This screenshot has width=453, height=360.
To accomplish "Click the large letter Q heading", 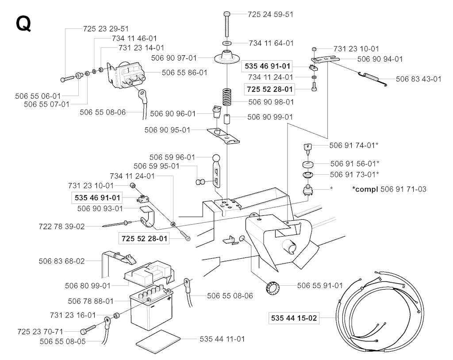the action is tap(23, 24).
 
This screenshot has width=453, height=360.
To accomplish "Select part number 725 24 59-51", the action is tap(270, 14).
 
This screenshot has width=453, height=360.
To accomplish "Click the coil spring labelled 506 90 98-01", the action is tap(227, 98).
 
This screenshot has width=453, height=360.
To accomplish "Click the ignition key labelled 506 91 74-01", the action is tap(308, 148).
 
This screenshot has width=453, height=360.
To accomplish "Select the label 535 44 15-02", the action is tap(294, 318).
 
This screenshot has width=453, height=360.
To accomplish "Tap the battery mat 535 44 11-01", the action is tap(158, 341).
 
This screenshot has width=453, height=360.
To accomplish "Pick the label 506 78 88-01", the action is tap(91, 301).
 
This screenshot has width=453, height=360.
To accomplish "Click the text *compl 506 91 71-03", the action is tap(389, 189).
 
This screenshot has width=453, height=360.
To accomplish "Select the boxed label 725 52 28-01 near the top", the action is tap(269, 89).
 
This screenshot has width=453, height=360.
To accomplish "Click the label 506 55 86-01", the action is tap(184, 73).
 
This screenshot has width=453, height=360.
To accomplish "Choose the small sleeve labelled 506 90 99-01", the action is tap(227, 119).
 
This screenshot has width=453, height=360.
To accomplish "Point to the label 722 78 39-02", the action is tap(61, 226).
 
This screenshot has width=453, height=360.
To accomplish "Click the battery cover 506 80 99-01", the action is tap(149, 272).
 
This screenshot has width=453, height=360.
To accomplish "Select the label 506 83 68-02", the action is tap(61, 261).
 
